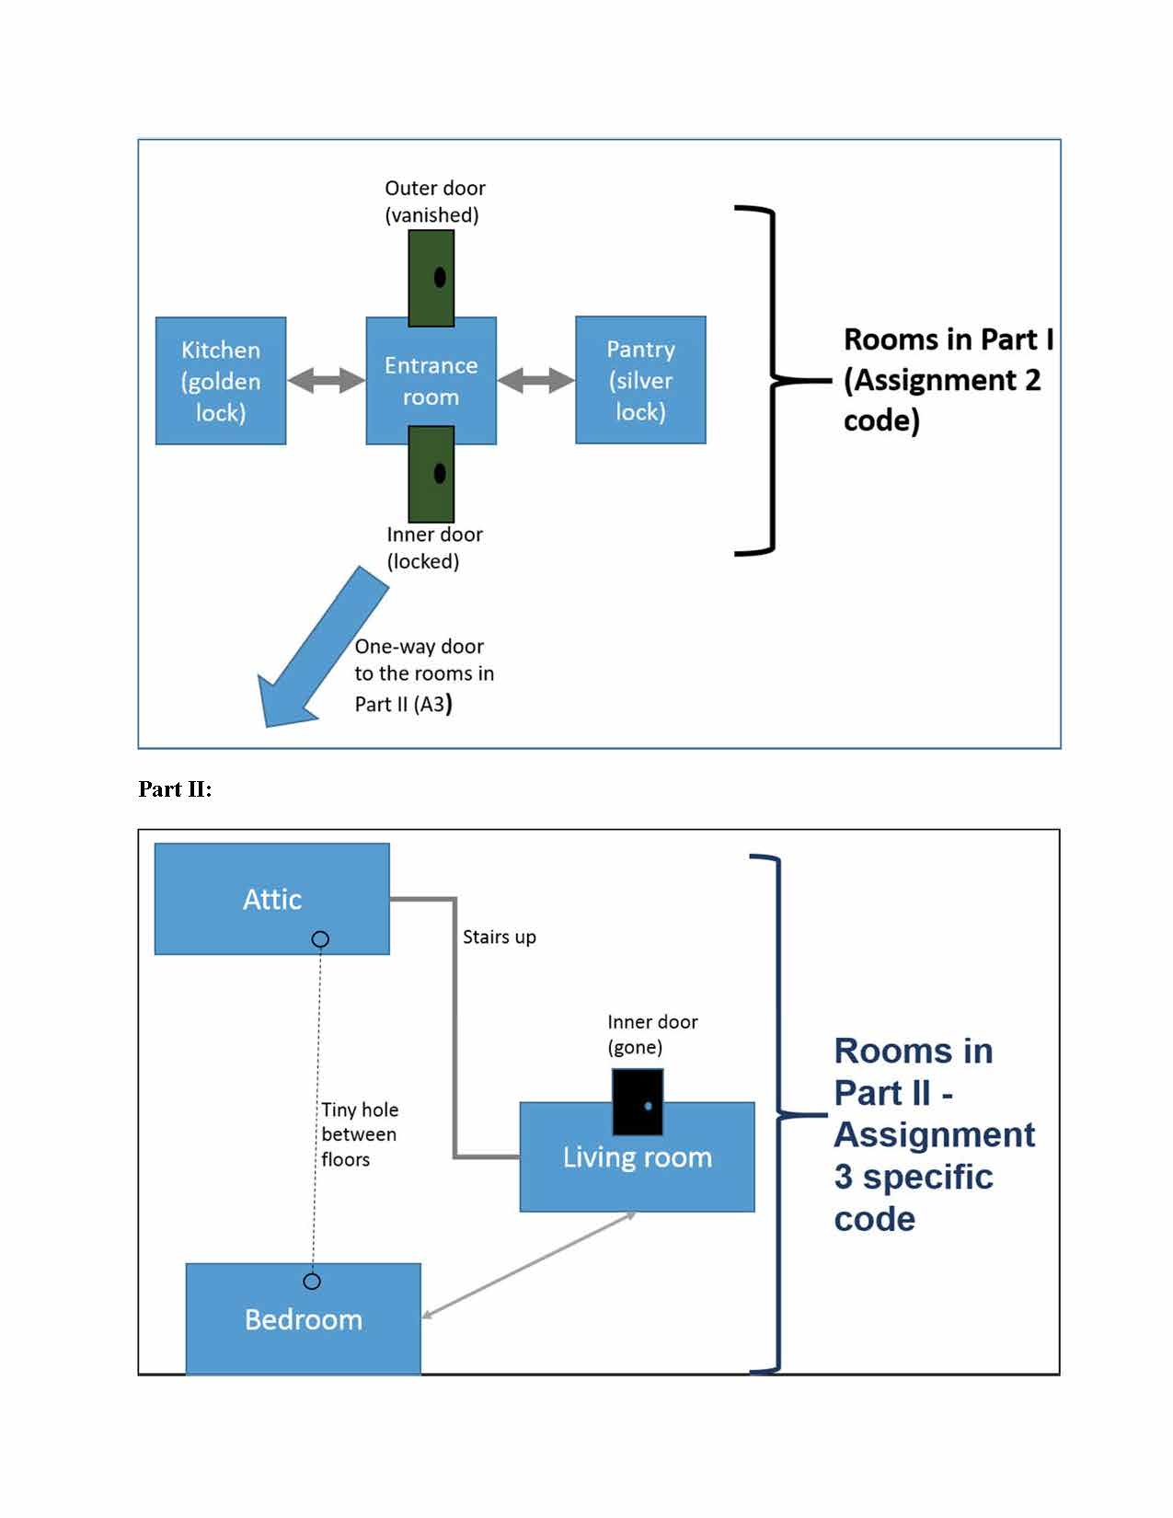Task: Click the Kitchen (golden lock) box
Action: pos(221,381)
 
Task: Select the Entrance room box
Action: pos(431,381)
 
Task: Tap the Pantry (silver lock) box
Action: pos(640,380)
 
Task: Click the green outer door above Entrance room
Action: pos(431,278)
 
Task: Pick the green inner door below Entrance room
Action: pos(431,474)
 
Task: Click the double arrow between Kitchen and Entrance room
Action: pos(326,380)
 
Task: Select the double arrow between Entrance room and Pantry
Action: pos(535,379)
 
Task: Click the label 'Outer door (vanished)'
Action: pos(434,201)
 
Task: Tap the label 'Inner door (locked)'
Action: pos(434,547)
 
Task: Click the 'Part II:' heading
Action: pos(175,788)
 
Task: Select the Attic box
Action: pos(271,899)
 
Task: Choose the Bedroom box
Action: pos(303,1319)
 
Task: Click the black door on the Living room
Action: pos(638,1101)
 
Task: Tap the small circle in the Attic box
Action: pos(320,939)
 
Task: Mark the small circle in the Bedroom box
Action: pos(312,1281)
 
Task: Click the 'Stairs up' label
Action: pos(499,937)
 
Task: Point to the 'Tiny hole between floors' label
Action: pos(360,1134)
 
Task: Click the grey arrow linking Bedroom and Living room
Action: pos(529,1265)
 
